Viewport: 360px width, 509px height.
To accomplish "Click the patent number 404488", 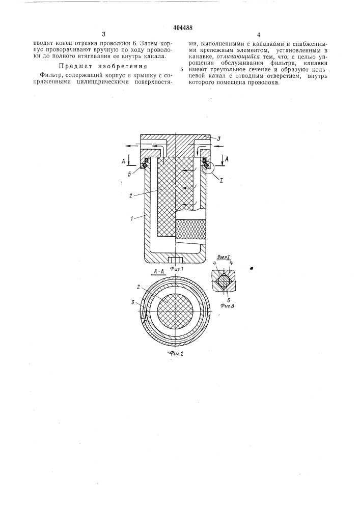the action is [181, 27].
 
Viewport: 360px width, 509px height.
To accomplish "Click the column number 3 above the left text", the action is [103, 35].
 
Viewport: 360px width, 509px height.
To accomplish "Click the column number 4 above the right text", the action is [258, 35].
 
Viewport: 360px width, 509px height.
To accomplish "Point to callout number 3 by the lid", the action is [219, 138].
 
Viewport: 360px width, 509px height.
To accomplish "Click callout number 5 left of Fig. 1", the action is [129, 174].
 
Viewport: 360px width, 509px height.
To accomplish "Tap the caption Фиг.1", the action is [177, 268].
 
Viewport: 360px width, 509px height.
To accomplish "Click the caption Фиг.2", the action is [176, 354].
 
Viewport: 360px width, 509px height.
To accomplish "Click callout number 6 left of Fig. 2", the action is [133, 302].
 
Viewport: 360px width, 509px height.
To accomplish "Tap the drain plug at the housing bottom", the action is [175, 261].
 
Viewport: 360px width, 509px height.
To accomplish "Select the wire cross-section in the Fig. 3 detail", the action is [225, 280].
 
